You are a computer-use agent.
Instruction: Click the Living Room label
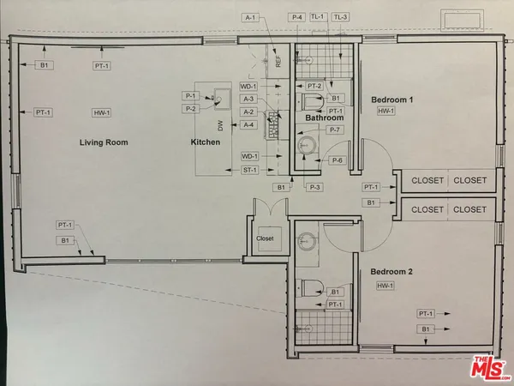tap(105, 142)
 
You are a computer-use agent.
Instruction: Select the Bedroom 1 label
tap(392, 100)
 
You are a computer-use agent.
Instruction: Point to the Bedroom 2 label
tap(392, 272)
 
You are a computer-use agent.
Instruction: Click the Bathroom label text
tap(325, 118)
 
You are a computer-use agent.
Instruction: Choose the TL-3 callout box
tap(341, 16)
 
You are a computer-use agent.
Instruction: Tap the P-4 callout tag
tap(297, 16)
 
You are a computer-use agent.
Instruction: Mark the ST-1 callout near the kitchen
tap(249, 170)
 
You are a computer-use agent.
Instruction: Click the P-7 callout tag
tap(336, 130)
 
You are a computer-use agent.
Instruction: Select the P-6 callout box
tap(338, 160)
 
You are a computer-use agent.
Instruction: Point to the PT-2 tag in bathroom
tap(314, 86)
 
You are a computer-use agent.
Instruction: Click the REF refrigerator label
tap(278, 62)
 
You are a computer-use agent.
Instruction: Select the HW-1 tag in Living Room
tap(103, 112)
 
